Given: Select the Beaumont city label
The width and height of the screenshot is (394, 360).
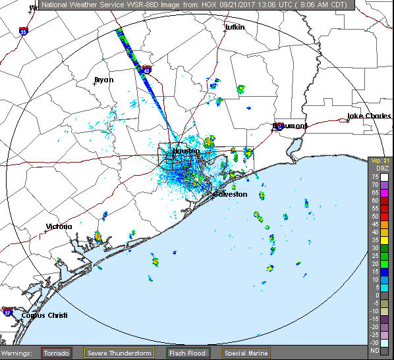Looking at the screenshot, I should pos(291,126).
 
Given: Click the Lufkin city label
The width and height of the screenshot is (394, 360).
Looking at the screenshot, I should pos(235,28).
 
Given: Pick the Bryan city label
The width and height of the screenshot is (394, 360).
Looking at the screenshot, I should pos(104,80).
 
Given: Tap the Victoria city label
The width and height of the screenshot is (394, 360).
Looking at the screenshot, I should pos(59,226).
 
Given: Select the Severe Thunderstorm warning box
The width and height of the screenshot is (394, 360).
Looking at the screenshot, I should pos(119,353).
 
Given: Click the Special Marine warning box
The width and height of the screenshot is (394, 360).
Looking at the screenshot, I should pos(246,353).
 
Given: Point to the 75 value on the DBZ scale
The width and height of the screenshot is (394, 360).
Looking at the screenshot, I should pos(374,177).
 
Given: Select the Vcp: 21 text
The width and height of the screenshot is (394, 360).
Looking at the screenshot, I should pos(377,161).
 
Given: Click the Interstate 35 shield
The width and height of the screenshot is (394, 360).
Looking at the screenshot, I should pos(23,30).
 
